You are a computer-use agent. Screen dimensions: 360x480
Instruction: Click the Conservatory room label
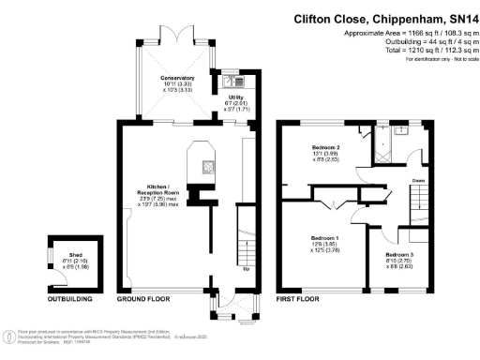coord(176,76)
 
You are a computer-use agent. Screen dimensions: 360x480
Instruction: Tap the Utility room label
coord(235,97)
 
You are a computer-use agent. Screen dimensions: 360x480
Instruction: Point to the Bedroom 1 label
coord(324,238)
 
